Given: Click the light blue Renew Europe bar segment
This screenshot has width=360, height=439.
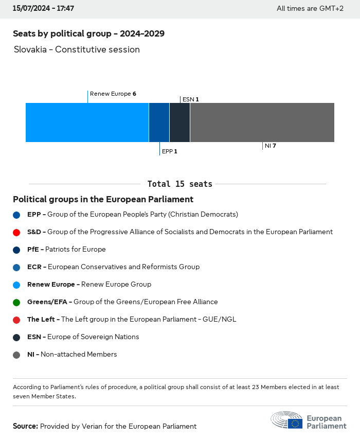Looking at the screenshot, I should (87, 122).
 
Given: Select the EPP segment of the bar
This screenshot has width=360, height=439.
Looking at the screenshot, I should (159, 122).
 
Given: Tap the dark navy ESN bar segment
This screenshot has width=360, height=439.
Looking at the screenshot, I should (179, 122).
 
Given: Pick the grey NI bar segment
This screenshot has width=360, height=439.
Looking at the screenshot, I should (262, 122).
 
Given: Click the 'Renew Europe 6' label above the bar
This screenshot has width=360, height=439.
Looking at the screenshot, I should (113, 94).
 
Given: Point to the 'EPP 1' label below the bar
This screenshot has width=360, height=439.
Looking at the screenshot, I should (169, 151).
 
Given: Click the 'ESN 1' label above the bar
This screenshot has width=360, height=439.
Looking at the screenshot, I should (190, 99).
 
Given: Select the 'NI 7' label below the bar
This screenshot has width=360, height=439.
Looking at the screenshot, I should (271, 146).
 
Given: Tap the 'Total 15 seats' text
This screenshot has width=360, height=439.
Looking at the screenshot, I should (179, 184).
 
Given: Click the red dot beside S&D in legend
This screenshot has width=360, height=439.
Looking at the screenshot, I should (16, 232).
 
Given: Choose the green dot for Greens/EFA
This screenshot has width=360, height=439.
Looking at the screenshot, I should (16, 302).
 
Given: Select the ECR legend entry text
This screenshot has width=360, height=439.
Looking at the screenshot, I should (113, 267).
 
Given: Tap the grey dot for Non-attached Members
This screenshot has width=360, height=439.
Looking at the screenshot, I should (16, 355).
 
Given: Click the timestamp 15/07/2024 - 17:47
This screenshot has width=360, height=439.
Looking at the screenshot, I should (43, 9).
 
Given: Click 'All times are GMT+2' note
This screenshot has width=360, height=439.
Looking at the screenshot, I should (310, 9).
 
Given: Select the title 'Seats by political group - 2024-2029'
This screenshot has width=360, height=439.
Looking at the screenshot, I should (88, 34).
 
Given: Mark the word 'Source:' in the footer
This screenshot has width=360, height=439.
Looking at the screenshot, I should (25, 426).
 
